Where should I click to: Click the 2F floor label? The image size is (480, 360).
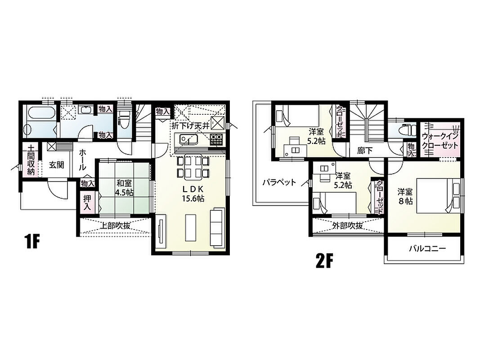[324, 261]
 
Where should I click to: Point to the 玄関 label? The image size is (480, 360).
[56, 165]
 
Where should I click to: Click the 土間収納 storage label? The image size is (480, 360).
[31, 160]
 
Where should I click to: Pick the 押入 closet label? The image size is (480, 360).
[87, 202]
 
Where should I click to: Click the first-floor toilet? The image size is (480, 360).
[124, 120]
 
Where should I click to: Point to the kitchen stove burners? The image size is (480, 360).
[217, 140]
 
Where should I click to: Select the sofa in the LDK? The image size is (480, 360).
[217, 227]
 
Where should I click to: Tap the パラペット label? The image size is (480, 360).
[279, 183]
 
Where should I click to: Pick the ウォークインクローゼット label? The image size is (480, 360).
[440, 141]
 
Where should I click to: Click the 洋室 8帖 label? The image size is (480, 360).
[405, 197]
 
